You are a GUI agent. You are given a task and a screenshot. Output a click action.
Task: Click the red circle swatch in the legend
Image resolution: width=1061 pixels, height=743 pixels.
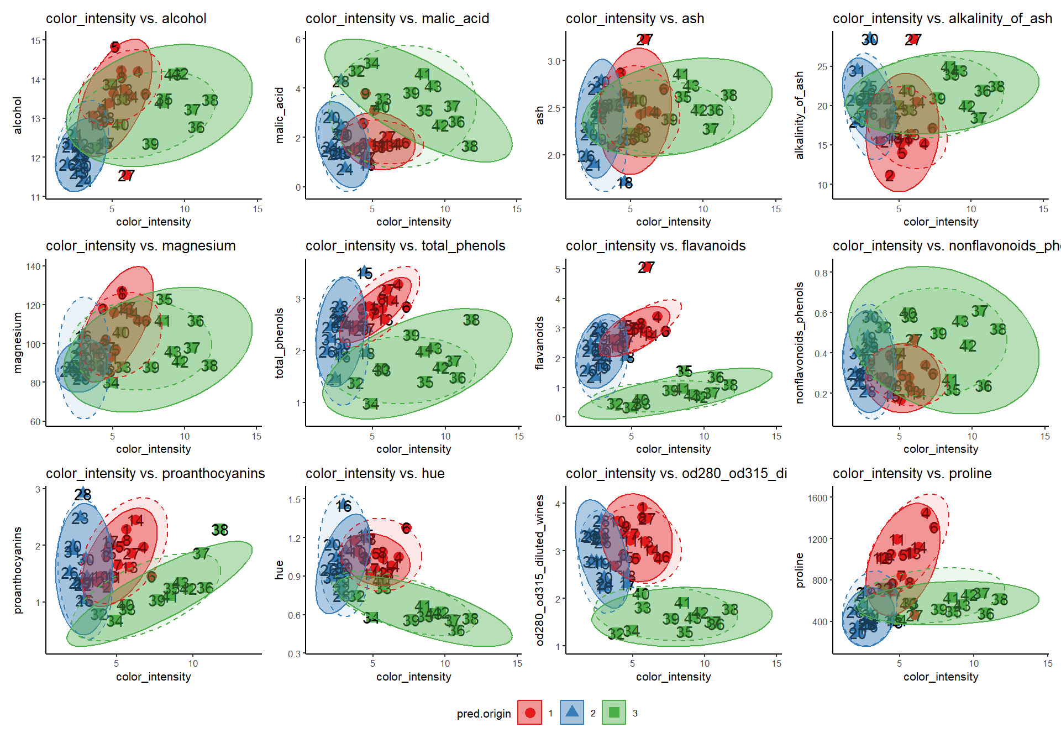[x=529, y=713]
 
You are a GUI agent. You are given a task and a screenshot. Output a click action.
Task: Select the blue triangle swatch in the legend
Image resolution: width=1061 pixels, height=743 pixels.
[x=572, y=713]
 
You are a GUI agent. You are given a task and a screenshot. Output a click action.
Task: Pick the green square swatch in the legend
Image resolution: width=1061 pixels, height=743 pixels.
[x=614, y=713]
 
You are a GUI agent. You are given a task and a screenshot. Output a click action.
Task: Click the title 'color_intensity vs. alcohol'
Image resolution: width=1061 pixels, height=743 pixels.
[x=126, y=18]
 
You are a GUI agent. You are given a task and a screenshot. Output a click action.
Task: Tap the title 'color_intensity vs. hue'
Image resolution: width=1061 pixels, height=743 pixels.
[x=375, y=473]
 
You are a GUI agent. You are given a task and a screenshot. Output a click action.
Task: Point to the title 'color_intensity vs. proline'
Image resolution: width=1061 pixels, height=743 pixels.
[x=912, y=473]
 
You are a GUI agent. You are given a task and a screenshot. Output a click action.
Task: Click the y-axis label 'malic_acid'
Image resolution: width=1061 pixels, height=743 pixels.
[x=280, y=115]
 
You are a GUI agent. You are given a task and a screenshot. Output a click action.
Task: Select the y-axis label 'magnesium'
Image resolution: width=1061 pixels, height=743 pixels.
[x=18, y=343]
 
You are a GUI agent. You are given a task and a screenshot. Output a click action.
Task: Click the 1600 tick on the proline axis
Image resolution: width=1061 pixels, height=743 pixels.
[x=817, y=498]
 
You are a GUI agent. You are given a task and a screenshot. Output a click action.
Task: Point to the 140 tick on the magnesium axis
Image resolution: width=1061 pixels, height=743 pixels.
[x=33, y=266]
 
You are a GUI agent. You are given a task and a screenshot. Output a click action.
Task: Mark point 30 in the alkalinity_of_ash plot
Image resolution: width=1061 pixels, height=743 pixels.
[x=870, y=39]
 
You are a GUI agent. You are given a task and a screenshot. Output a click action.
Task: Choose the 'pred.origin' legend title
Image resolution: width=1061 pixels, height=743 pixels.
[x=484, y=714]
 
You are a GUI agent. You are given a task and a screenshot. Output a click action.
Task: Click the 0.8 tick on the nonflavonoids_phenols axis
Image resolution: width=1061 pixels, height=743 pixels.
[x=821, y=273]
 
